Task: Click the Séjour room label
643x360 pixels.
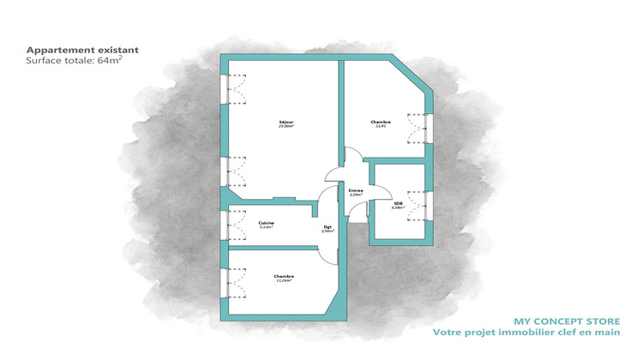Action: tap(286, 122)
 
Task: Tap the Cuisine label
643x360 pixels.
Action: tap(267, 223)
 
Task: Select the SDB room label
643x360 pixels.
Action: tap(397, 203)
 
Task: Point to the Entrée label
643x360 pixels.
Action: tap(356, 190)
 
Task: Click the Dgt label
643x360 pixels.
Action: tap(327, 227)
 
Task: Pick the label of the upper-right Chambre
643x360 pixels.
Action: tap(381, 122)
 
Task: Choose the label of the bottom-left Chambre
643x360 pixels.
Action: tap(285, 276)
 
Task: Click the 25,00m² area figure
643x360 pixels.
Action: tap(286, 127)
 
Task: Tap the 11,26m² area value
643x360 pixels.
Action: tap(285, 280)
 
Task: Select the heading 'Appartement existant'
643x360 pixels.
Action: tap(82, 50)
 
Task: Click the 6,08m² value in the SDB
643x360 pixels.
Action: tap(397, 207)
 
